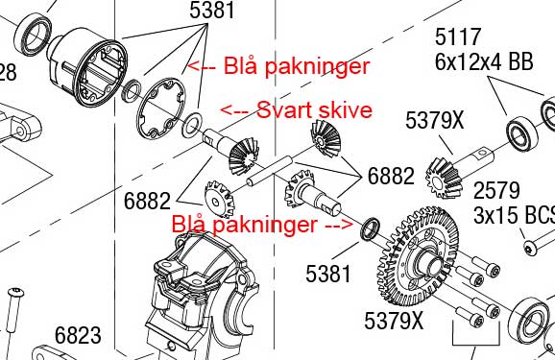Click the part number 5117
(458, 36)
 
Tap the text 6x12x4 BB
(484, 62)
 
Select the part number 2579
(496, 190)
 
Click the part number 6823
(78, 335)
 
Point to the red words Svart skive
(314, 110)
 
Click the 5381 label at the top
(212, 10)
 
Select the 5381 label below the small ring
(328, 274)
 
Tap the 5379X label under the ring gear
(394, 321)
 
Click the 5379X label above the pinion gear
(434, 120)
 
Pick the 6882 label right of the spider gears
(391, 176)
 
